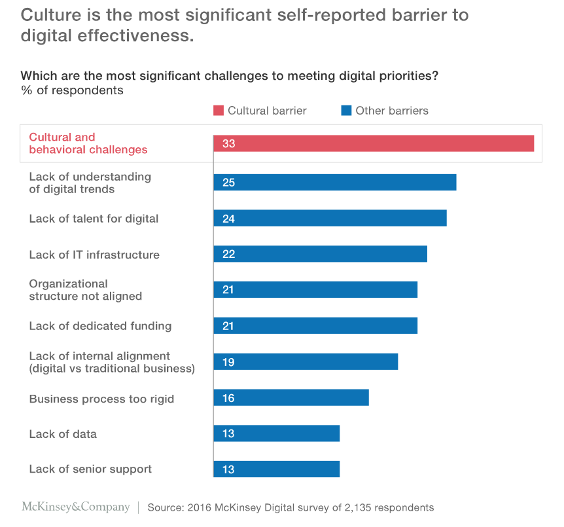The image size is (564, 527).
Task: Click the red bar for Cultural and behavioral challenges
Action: (374, 143)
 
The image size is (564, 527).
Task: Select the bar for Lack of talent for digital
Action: (330, 218)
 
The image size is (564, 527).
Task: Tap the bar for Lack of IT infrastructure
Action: (320, 254)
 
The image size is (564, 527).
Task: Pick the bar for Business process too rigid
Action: (291, 398)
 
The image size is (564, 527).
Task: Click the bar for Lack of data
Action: (276, 433)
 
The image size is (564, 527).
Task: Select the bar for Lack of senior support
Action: (276, 469)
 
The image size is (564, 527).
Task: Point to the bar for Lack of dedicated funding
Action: (315, 326)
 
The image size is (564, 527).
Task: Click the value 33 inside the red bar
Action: (228, 144)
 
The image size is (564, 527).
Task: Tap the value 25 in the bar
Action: (228, 183)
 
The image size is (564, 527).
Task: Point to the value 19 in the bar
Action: (228, 362)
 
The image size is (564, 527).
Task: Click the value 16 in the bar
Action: (228, 398)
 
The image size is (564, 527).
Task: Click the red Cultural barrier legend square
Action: (218, 110)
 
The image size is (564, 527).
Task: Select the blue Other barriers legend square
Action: (346, 110)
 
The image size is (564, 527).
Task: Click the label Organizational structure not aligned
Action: (86, 290)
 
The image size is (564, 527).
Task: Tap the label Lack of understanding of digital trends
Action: (90, 183)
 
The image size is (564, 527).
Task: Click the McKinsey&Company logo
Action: (76, 507)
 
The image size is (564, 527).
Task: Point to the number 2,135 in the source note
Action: (357, 507)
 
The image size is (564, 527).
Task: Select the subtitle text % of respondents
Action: (72, 90)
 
